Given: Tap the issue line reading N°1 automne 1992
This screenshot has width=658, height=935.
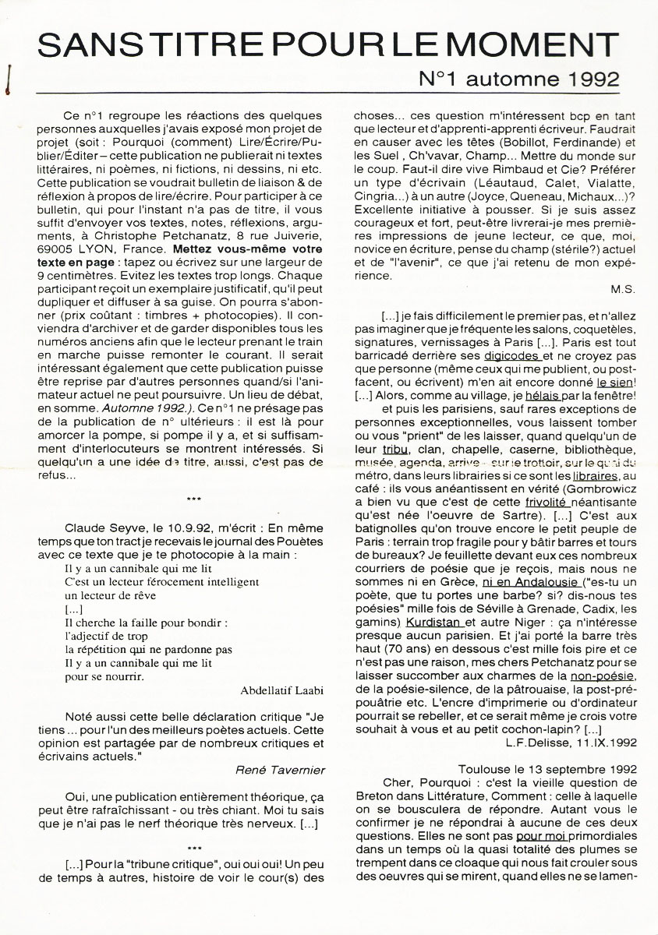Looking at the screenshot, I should (x=519, y=79).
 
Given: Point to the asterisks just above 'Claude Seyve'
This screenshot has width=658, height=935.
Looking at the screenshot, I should (x=195, y=498).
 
